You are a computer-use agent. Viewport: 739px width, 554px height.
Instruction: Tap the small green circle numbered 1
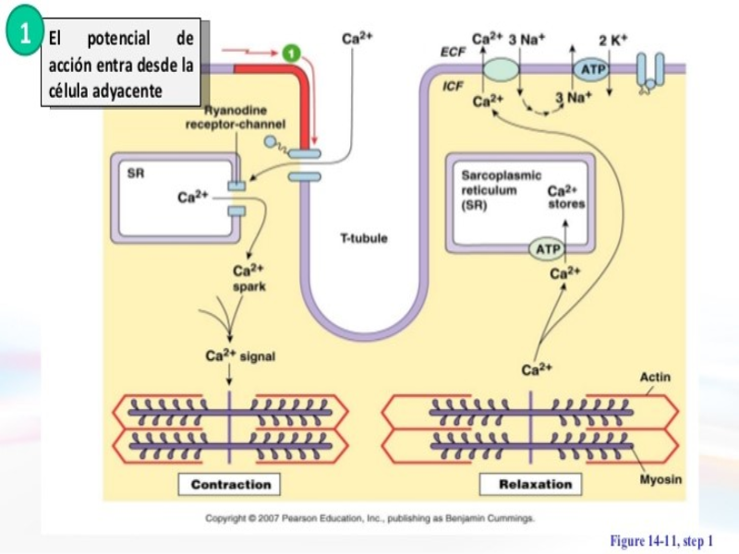pyautogui.click(x=293, y=51)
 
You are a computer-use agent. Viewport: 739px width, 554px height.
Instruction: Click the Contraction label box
pyautogui.click(x=230, y=484)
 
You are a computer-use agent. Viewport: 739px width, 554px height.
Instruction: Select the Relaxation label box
pyautogui.click(x=535, y=484)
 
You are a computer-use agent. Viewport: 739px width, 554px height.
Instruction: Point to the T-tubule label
pyautogui.click(x=364, y=238)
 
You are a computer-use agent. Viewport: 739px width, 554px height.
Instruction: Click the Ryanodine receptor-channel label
pyautogui.click(x=236, y=117)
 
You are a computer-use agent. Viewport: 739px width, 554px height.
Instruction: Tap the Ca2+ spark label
pyautogui.click(x=249, y=278)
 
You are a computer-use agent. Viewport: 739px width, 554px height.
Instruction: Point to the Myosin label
pyautogui.click(x=660, y=479)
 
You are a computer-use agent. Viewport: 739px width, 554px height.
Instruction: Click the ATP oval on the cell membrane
pyautogui.click(x=590, y=70)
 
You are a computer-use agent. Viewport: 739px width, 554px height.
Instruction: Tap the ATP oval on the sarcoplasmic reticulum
pyautogui.click(x=548, y=249)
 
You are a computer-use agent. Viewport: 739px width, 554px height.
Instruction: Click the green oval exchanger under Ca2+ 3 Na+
pyautogui.click(x=502, y=69)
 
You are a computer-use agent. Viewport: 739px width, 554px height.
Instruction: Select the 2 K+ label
pyautogui.click(x=612, y=40)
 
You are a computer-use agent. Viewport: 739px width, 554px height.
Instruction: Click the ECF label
pyautogui.click(x=453, y=53)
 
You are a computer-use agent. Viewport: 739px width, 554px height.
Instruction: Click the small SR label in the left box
pyautogui.click(x=135, y=173)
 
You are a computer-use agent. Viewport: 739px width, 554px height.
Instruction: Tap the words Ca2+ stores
pyautogui.click(x=565, y=197)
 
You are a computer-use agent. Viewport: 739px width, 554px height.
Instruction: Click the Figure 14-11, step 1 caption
pyautogui.click(x=661, y=540)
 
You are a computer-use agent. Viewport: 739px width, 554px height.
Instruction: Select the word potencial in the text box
pyautogui.click(x=118, y=39)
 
